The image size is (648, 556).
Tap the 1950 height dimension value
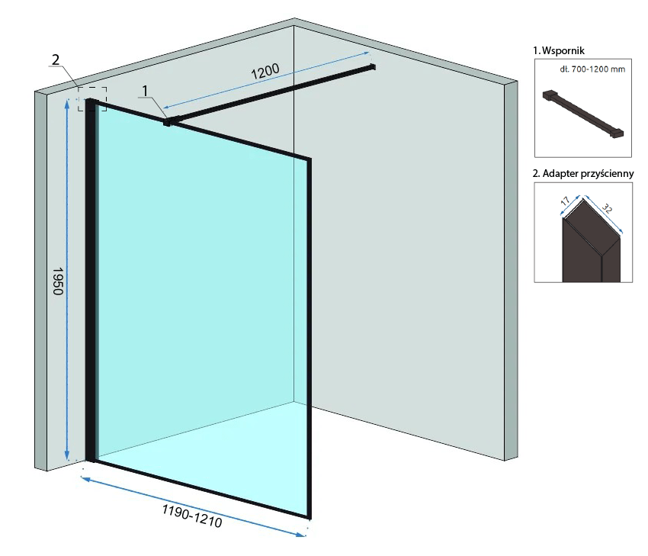pos(58,281)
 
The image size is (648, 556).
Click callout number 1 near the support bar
pos(145,92)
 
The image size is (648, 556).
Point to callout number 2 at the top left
pos(56,59)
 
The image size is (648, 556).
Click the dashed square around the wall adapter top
pos(92,98)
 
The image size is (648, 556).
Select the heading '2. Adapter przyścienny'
pos(583,173)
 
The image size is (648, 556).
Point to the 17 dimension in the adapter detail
pos(565,204)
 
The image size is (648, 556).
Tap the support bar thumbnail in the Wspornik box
pos(583,114)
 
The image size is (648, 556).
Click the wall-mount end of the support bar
pos(373,68)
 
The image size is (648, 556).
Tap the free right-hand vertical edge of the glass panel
pos(309,336)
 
